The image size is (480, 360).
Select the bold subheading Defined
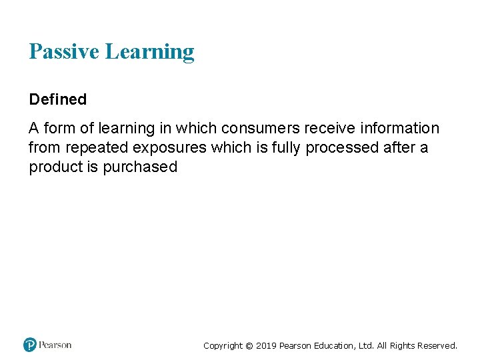coord(58,99)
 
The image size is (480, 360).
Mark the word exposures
coord(169,147)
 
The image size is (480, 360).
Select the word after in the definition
coord(399,147)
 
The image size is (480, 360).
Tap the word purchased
coord(140,167)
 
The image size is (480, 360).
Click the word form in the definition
coord(59,128)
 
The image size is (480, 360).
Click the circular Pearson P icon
coord(30,345)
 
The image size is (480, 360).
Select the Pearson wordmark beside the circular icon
coord(55,345)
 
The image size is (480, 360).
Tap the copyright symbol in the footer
coord(249,345)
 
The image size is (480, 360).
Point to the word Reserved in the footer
coord(437,345)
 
